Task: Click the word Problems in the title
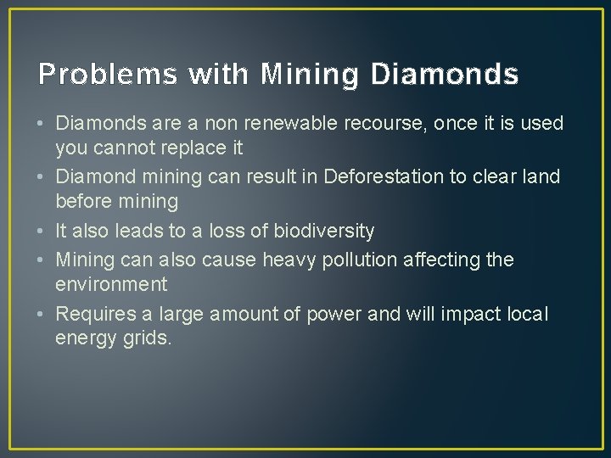tap(109, 75)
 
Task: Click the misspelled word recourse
tap(384, 124)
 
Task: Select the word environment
tap(111, 283)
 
